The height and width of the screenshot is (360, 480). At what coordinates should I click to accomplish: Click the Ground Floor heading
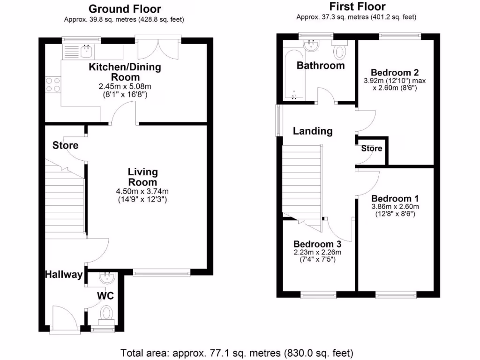(125, 9)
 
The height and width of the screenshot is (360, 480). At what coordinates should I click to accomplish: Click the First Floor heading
(357, 7)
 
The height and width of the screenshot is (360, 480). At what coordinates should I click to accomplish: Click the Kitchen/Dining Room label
(125, 72)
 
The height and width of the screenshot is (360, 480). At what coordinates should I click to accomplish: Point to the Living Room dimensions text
(142, 195)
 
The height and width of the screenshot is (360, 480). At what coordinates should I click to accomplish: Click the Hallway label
(64, 275)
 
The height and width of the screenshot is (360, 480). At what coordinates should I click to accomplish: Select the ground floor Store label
(65, 145)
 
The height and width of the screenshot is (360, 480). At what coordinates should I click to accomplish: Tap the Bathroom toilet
(339, 49)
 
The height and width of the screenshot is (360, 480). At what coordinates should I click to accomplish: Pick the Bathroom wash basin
(311, 46)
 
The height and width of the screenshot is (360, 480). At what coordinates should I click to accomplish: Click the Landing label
(313, 131)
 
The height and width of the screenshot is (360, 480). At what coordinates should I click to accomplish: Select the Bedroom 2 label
(394, 73)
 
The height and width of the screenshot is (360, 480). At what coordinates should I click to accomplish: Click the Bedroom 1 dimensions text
(395, 210)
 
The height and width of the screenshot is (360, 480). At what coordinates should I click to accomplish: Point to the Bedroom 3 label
(317, 244)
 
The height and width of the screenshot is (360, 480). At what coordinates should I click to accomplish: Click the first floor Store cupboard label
(371, 149)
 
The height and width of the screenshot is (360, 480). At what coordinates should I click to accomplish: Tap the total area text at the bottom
(237, 352)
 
